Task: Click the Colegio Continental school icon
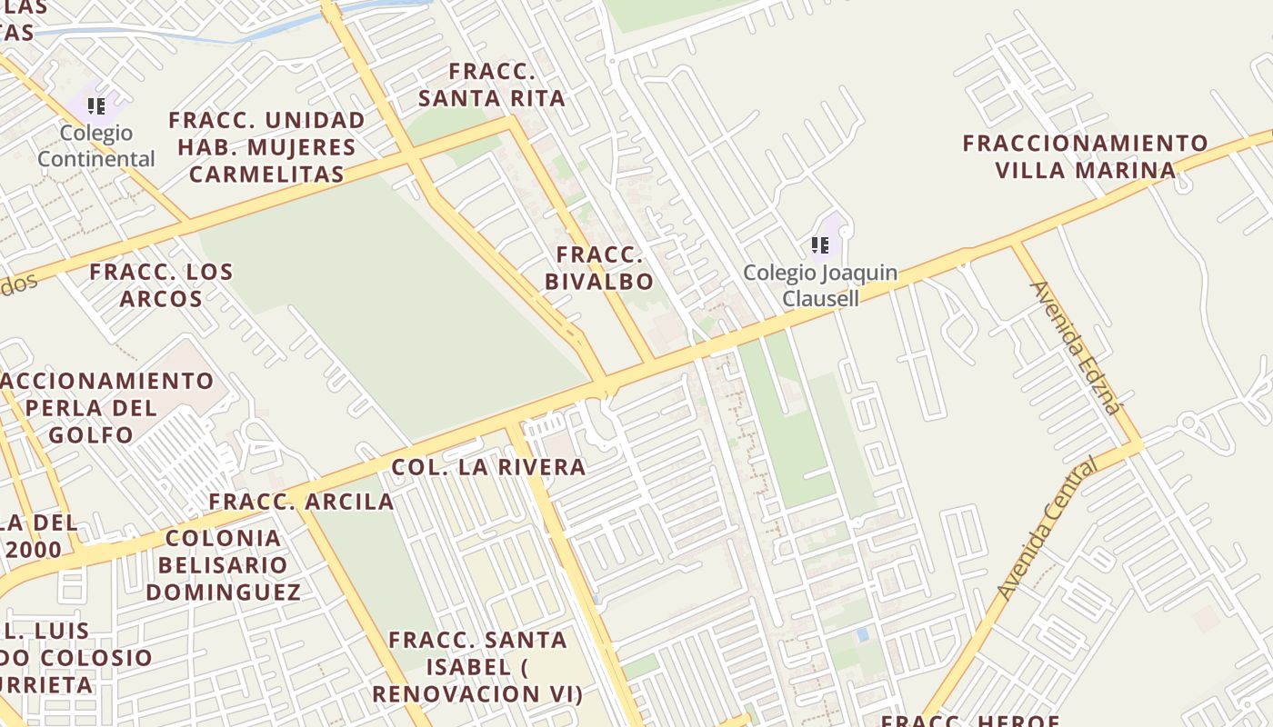[96, 106]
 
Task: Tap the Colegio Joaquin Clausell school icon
[820, 245]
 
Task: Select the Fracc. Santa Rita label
[493, 85]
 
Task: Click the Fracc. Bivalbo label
[599, 268]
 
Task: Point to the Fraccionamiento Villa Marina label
[1086, 156]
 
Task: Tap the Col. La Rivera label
[488, 467]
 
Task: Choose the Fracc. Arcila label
[301, 502]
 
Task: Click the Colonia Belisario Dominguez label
[224, 565]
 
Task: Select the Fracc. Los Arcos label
[161, 285]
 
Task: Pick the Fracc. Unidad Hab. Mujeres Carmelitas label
[267, 147]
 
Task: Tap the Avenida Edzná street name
[1076, 347]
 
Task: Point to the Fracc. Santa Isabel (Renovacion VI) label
[477, 667]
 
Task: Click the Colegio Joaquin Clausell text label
[820, 285]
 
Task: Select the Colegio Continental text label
[96, 146]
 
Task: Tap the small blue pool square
[862, 634]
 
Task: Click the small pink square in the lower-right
[1206, 619]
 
